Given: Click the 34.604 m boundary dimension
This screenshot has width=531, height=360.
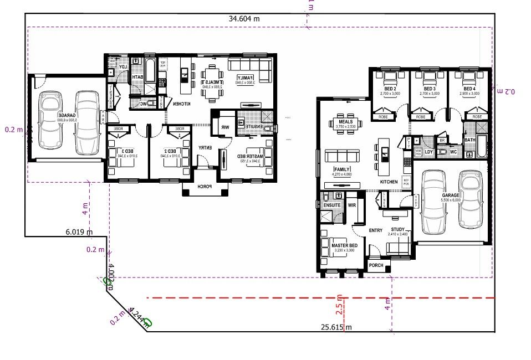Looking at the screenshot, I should [x=244, y=18].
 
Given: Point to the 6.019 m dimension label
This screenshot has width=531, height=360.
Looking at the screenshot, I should [x=79, y=232].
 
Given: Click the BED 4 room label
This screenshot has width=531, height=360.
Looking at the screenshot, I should [x=469, y=89].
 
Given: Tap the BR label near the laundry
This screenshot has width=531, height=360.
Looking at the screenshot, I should [x=442, y=141].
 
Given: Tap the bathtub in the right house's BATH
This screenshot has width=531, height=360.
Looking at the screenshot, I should [x=481, y=146].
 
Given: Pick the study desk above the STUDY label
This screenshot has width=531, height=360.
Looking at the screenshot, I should [x=397, y=213].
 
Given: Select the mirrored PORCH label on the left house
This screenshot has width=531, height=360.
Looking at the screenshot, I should [x=205, y=187].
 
